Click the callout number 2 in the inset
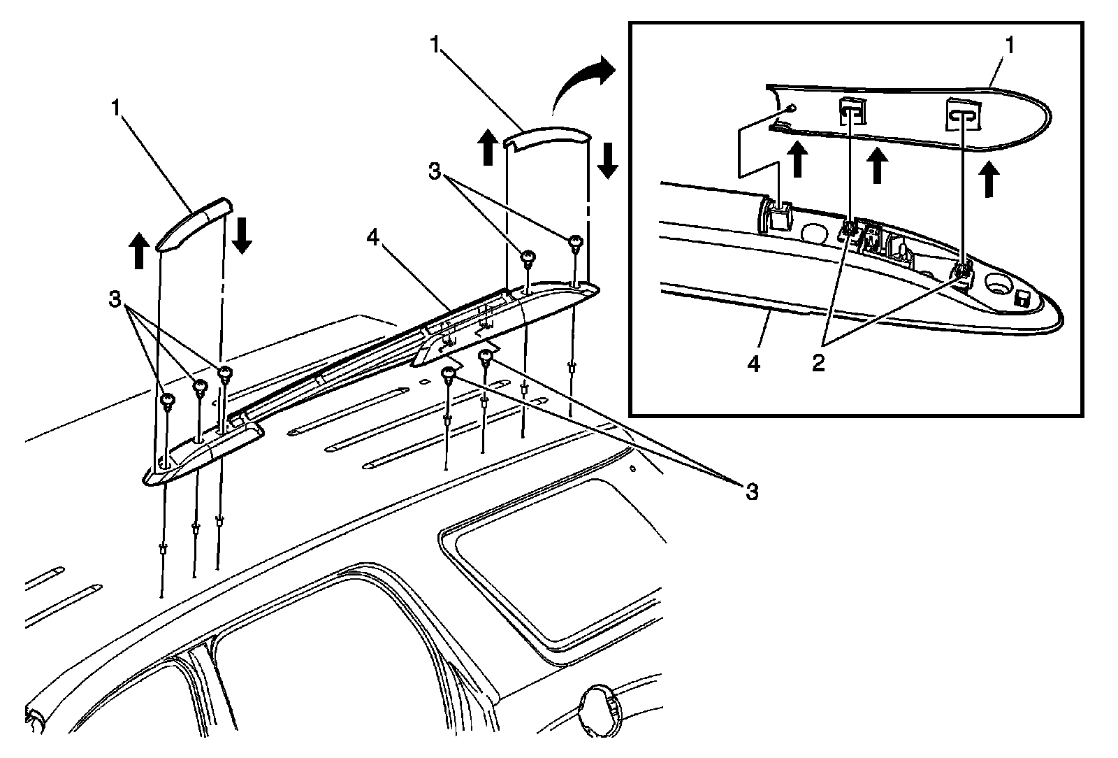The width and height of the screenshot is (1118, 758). (x=817, y=363)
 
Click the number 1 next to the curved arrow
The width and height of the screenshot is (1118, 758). (x=435, y=47)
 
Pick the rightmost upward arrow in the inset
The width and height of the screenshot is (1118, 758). (x=987, y=178)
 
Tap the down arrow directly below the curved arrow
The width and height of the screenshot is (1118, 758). (x=607, y=160)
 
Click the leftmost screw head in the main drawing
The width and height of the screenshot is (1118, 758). (x=168, y=401)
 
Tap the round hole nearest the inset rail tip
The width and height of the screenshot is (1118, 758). (x=996, y=286)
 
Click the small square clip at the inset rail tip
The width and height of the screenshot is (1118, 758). (x=1021, y=299)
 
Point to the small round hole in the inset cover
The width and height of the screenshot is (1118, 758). (x=790, y=108)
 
